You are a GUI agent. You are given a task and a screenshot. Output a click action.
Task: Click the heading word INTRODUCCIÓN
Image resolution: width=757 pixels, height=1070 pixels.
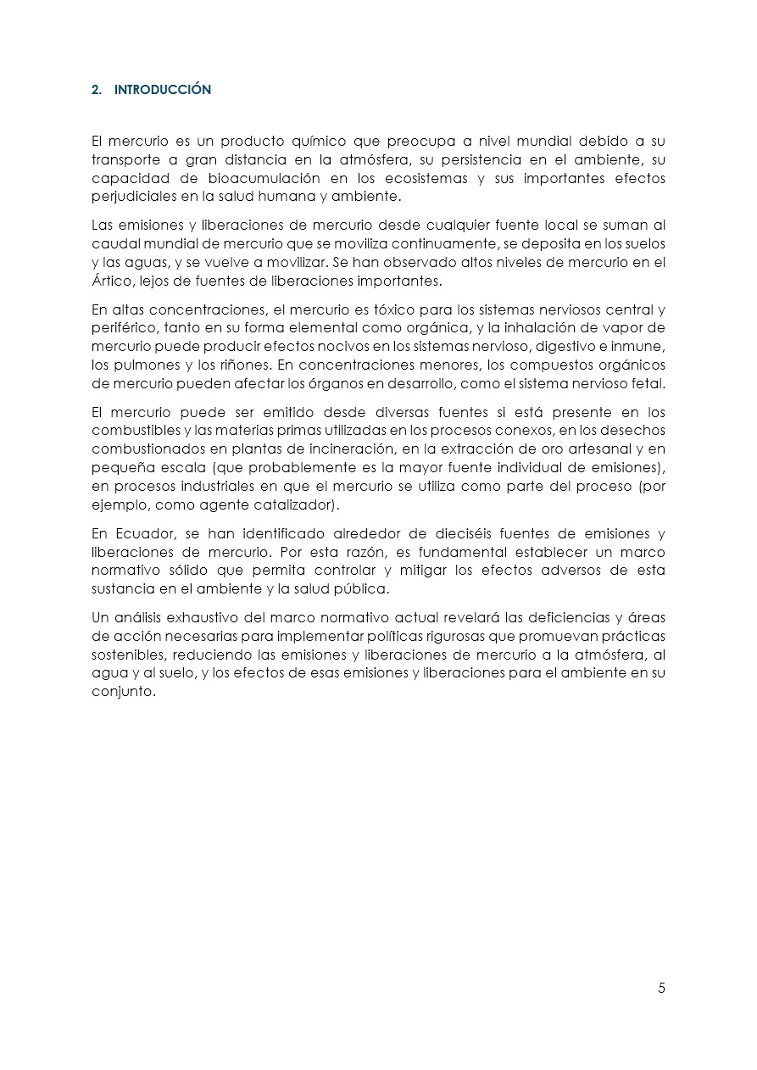tap(163, 89)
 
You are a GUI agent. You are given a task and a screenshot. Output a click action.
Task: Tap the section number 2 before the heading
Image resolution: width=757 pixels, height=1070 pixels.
tap(95, 89)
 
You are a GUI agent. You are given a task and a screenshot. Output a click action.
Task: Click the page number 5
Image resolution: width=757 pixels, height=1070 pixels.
tap(661, 988)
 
